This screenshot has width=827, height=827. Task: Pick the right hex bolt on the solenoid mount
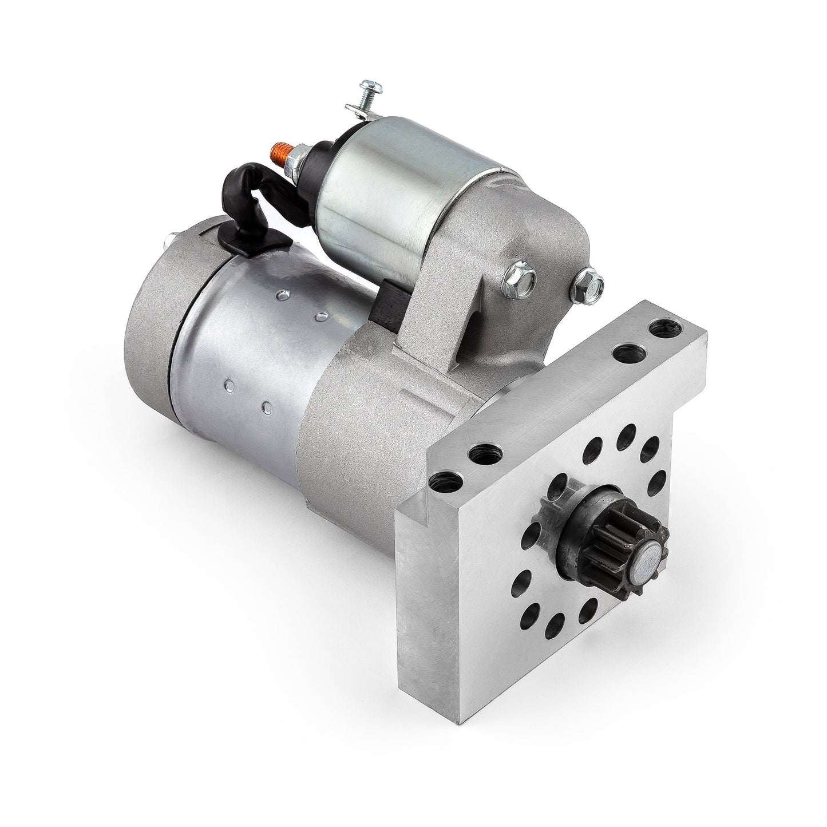pos(589,280)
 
